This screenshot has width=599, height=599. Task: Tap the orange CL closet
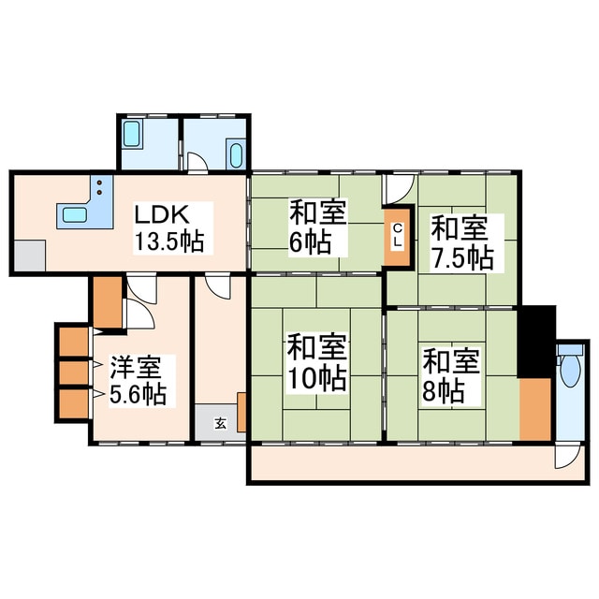tap(397, 236)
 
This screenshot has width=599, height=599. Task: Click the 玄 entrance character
tap(220, 422)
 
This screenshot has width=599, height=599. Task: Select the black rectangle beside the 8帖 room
tap(535, 341)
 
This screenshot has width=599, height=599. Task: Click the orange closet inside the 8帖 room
tap(534, 408)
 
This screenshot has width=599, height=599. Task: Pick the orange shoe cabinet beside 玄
tap(241, 412)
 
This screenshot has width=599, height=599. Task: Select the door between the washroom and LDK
tap(197, 165)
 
